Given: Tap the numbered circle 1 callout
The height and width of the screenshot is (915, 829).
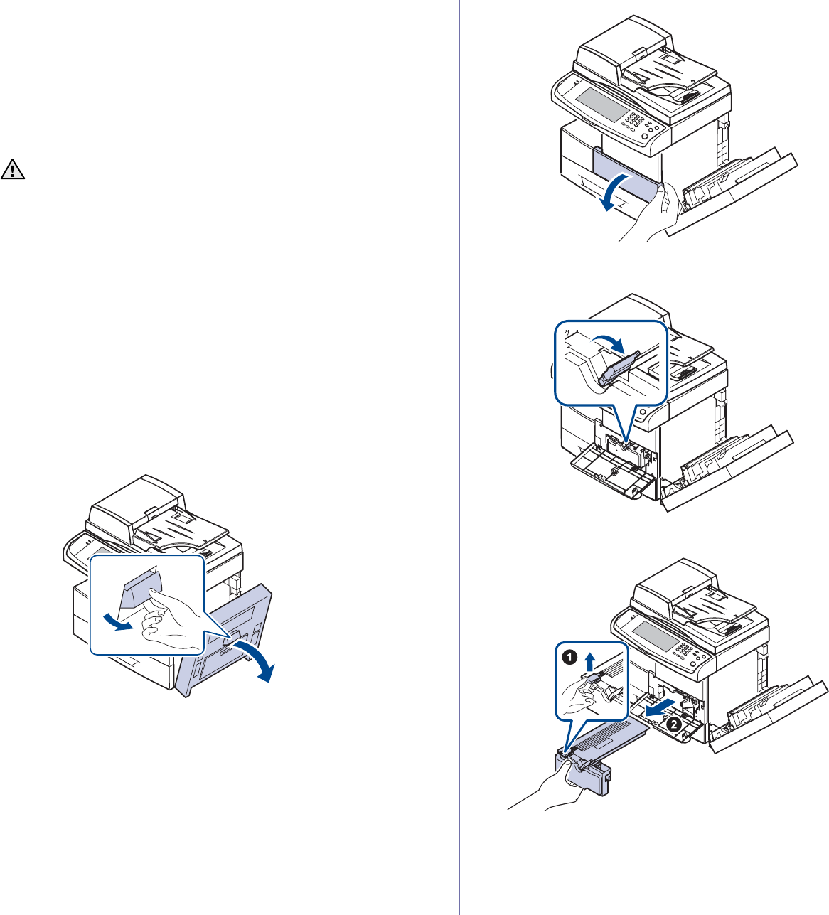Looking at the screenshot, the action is [569, 658].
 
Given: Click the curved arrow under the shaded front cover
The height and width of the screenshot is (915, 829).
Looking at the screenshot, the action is [613, 198].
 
